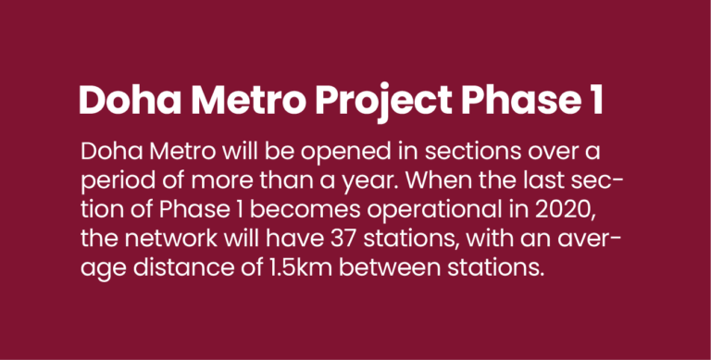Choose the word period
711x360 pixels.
click(x=112, y=180)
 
